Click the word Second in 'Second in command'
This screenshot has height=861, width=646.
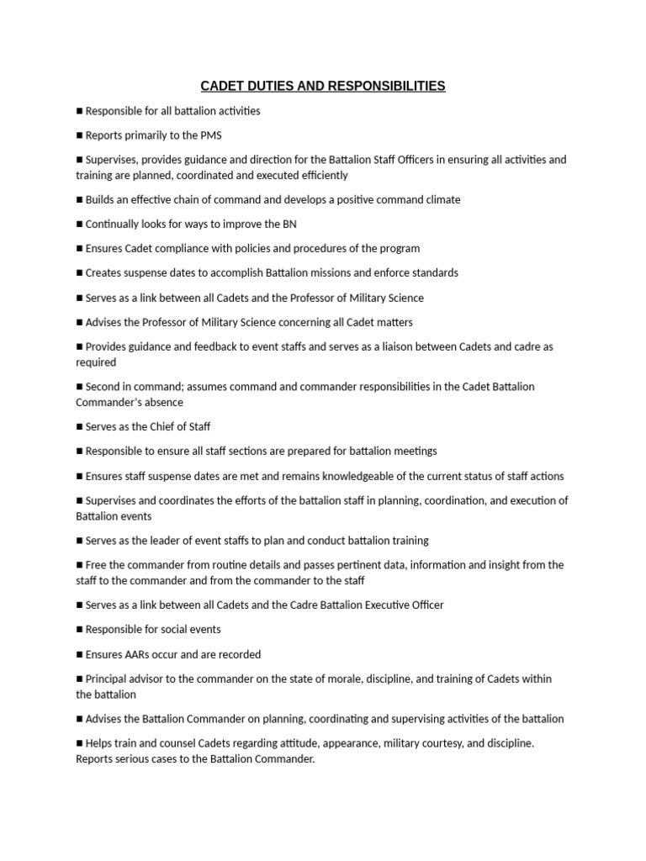tap(104, 387)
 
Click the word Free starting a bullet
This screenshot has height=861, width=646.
tap(98, 565)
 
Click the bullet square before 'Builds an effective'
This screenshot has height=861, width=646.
tap(80, 200)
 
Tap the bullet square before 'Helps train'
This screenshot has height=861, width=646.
tap(80, 743)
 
